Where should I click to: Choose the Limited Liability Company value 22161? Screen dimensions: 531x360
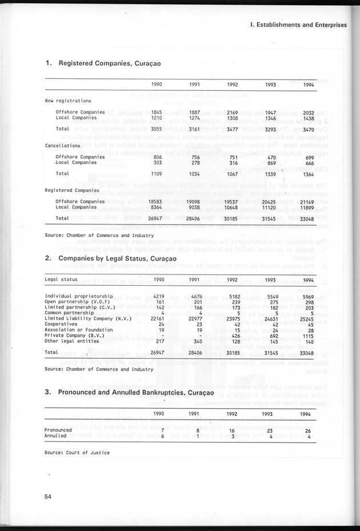click(x=156, y=318)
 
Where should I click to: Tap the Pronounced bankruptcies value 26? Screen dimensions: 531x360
click(x=309, y=430)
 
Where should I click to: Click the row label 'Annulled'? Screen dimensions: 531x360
click(x=55, y=436)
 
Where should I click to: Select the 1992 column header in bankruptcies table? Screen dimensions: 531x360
click(x=232, y=414)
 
